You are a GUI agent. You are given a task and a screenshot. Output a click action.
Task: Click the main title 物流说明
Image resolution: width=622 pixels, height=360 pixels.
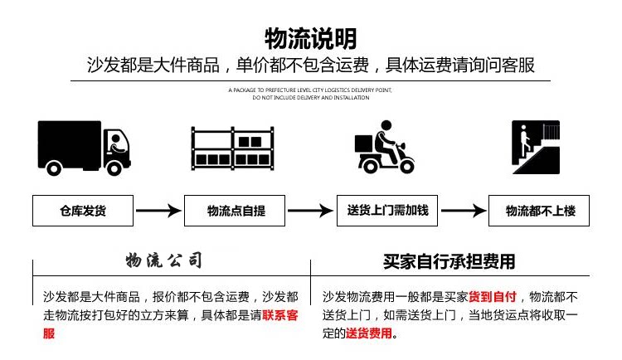tap(310, 38)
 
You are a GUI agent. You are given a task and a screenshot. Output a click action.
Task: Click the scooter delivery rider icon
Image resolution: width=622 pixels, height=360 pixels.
tap(383, 148)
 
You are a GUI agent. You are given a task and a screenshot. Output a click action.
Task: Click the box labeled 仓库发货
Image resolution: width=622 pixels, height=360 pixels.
tap(83, 211)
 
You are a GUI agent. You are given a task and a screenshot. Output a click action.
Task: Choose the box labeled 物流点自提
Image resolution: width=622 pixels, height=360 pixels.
tap(236, 211)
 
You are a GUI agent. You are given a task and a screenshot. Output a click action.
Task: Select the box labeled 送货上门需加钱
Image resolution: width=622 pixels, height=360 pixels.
tap(387, 211)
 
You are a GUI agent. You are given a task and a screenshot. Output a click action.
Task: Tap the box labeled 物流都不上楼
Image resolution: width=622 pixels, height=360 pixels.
tap(540, 211)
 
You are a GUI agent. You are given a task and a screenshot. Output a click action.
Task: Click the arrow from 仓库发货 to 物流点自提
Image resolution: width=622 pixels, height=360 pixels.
tap(158, 211)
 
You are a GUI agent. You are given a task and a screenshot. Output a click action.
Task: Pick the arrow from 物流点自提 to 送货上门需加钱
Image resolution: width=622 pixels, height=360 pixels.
tap(311, 211)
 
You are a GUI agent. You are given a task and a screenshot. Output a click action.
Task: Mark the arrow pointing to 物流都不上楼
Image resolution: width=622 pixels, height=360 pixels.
tap(464, 211)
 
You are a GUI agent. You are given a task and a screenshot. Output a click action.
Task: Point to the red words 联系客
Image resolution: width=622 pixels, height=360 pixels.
tap(280, 315)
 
